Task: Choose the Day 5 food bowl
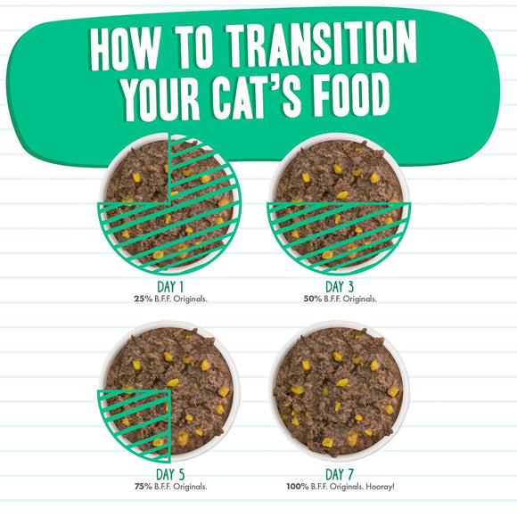pos(168,392)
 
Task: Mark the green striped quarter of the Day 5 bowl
pos(134,423)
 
